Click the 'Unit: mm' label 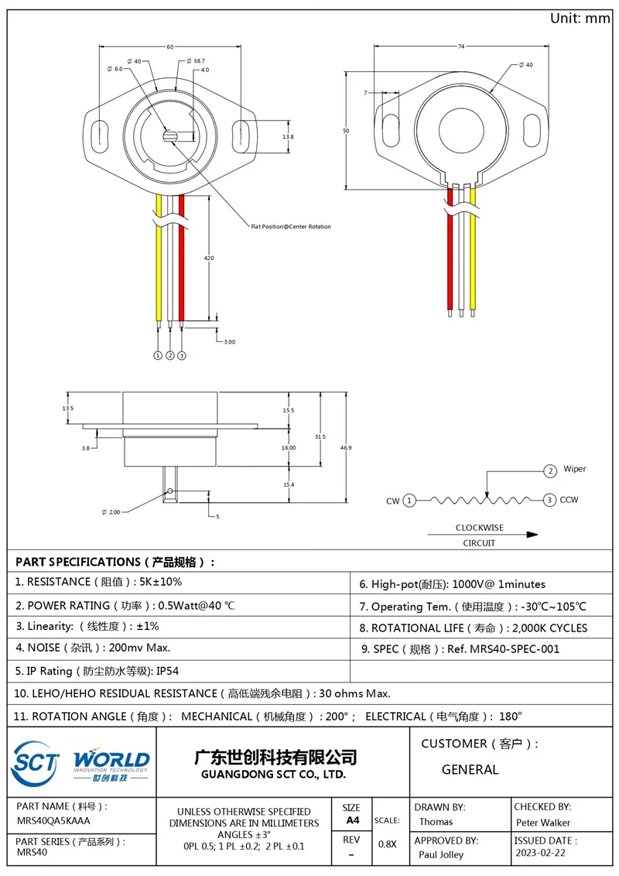pyautogui.click(x=580, y=18)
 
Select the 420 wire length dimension pyautogui.click(x=209, y=258)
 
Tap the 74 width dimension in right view pyautogui.click(x=462, y=47)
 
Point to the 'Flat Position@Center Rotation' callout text pyautogui.click(x=290, y=227)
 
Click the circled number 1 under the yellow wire pyautogui.click(x=158, y=355)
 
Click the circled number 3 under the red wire pyautogui.click(x=182, y=355)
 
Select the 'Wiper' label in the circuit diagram pyautogui.click(x=575, y=469)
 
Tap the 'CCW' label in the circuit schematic pyautogui.click(x=569, y=501)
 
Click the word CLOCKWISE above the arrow pyautogui.click(x=479, y=528)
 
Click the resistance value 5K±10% pyautogui.click(x=159, y=582)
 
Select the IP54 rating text pyautogui.click(x=173, y=671)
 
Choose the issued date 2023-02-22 pyautogui.click(x=540, y=854)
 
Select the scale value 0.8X pyautogui.click(x=387, y=844)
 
